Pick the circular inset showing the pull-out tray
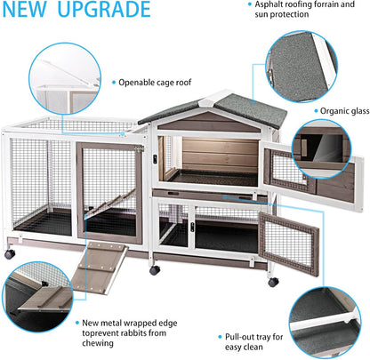(x=330, y=309)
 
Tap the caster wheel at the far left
(x=9, y=255)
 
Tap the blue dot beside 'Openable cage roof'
(x=112, y=81)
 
